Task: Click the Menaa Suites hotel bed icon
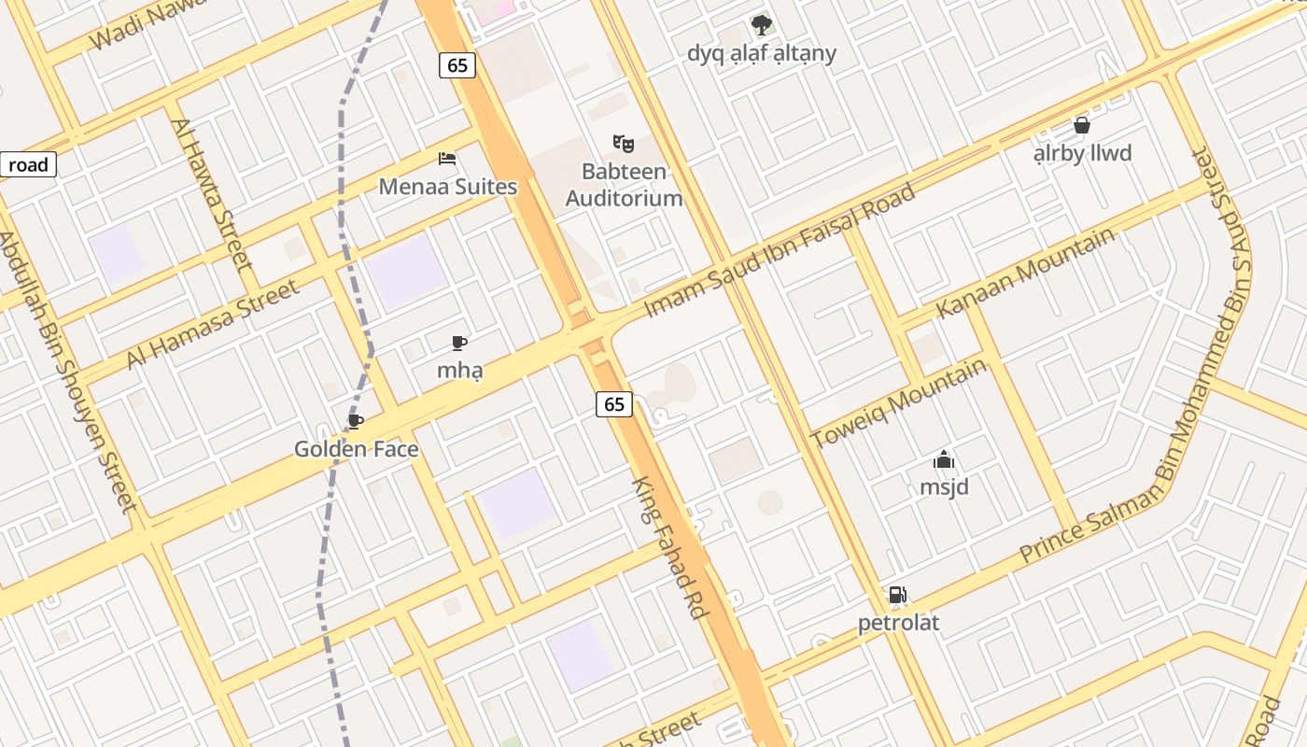pyautogui.click(x=447, y=159)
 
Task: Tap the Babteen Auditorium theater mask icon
pyautogui.click(x=624, y=144)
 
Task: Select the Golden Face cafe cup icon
pyautogui.click(x=355, y=422)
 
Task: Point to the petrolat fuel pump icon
pyautogui.click(x=897, y=595)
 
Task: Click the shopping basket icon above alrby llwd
pyautogui.click(x=1082, y=125)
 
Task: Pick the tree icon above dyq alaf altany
pyautogui.click(x=762, y=24)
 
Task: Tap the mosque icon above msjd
pyautogui.click(x=944, y=459)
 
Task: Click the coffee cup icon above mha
pyautogui.click(x=458, y=343)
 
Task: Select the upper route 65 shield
pyautogui.click(x=457, y=64)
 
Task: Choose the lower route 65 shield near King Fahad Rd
pyautogui.click(x=613, y=403)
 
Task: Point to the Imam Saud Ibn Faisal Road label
pyautogui.click(x=780, y=250)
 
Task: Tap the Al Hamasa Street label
pyautogui.click(x=214, y=322)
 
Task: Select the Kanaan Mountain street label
pyautogui.click(x=1026, y=272)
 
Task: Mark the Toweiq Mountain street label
pyautogui.click(x=898, y=403)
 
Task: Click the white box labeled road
pyautogui.click(x=28, y=165)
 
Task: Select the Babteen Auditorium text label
pyautogui.click(x=624, y=185)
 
